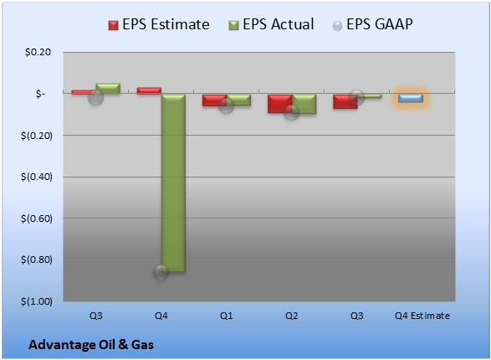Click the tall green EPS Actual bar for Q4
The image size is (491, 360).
point(173,183)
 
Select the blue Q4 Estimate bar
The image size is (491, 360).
point(411,98)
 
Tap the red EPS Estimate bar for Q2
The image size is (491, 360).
point(279,103)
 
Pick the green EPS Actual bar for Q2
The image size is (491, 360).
point(304,104)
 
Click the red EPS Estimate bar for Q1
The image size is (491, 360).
point(214,100)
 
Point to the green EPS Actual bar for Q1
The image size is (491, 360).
point(238,100)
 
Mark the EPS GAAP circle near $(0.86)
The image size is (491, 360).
point(161,272)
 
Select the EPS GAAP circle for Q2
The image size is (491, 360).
point(291,112)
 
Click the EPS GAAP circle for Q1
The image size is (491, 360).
point(226,105)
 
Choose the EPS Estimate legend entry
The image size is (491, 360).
point(159,24)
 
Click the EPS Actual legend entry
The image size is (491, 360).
point(271,24)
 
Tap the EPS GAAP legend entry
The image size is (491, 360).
point(372,24)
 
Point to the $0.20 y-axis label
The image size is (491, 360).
point(38,52)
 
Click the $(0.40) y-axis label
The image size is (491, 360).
point(37,177)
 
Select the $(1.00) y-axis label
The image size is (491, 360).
point(37,301)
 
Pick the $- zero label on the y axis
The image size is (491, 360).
point(40,94)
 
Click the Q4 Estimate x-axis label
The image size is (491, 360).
point(422,316)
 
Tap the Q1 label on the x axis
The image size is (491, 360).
point(226,316)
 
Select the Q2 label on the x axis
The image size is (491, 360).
point(292,316)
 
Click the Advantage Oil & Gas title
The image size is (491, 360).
point(91,345)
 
